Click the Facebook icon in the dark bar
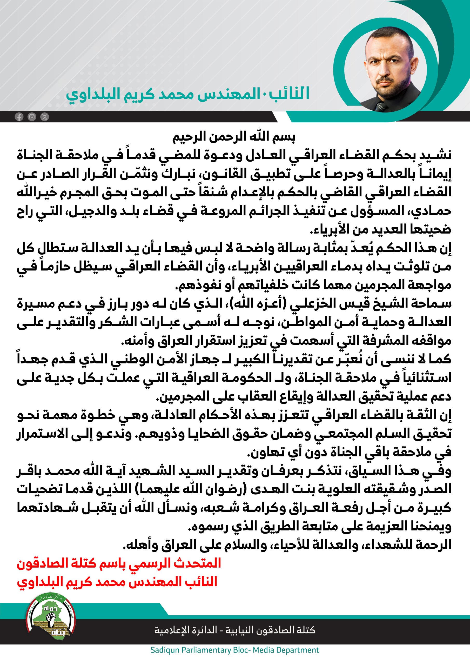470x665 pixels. click(19, 117)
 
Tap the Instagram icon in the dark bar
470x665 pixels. click(32, 117)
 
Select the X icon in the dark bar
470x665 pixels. click(45, 117)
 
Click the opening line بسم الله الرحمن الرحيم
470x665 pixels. click(234, 137)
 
